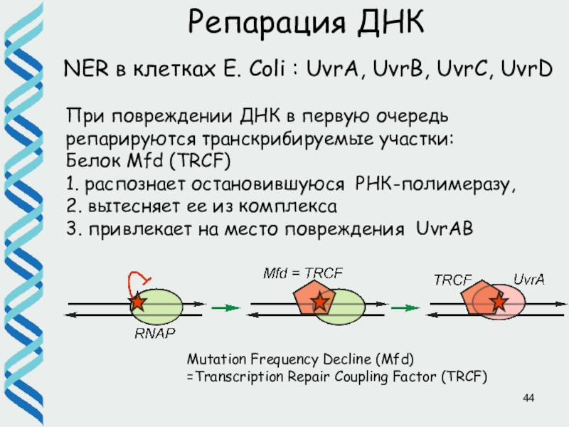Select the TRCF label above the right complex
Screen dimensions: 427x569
(x=453, y=280)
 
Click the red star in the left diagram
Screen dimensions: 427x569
(x=137, y=303)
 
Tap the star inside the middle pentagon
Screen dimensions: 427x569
(x=320, y=302)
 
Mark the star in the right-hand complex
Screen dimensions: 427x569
(x=499, y=303)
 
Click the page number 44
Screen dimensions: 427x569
(x=528, y=397)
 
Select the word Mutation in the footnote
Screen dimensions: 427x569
(x=211, y=359)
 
